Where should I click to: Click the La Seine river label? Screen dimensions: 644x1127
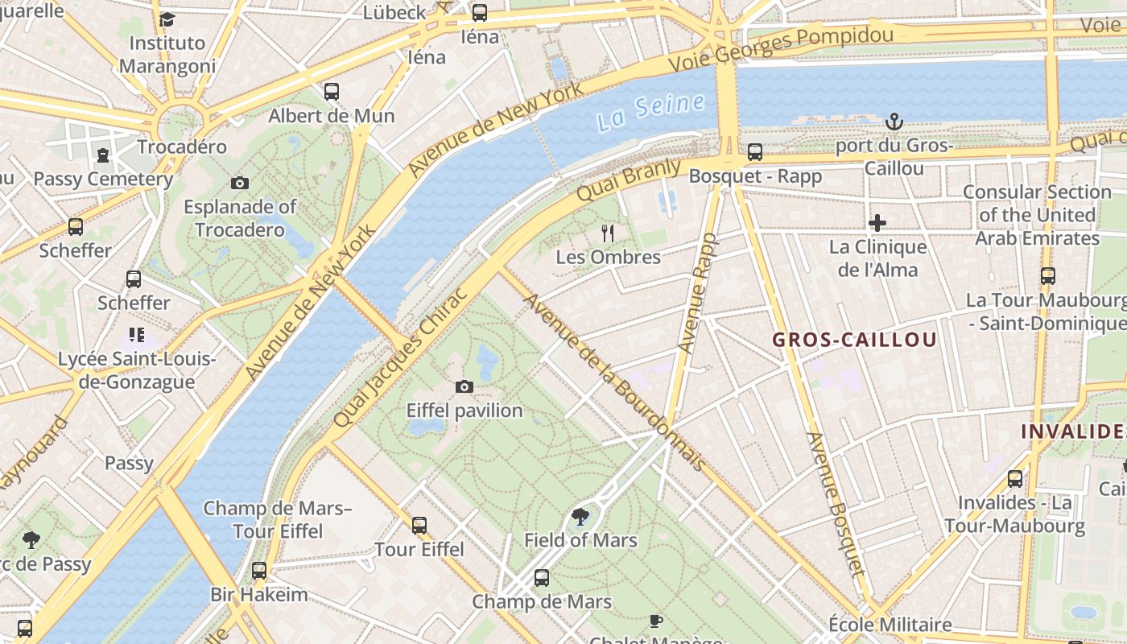[650, 112]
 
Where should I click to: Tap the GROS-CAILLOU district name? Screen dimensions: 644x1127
[855, 340]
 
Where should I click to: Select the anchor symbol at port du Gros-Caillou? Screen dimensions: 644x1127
[894, 122]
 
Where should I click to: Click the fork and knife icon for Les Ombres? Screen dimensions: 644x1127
[608, 233]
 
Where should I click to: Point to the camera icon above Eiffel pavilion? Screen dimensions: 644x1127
[464, 386]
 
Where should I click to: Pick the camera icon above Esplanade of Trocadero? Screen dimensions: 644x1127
[239, 183]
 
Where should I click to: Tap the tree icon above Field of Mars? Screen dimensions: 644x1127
[580, 516]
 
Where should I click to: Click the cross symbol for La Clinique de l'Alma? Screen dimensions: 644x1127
[877, 222]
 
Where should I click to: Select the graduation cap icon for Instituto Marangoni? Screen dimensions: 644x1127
[167, 19]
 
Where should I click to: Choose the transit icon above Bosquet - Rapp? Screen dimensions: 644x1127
[755, 151]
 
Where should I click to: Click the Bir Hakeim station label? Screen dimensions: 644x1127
[259, 595]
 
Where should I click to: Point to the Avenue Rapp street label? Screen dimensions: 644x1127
[696, 294]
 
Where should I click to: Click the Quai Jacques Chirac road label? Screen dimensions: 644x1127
[400, 357]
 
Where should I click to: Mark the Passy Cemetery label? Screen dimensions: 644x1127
[103, 179]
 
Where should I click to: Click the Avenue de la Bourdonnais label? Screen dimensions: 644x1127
[615, 382]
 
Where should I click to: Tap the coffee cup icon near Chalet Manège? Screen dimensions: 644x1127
[656, 621]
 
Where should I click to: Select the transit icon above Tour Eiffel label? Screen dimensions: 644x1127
[419, 526]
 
